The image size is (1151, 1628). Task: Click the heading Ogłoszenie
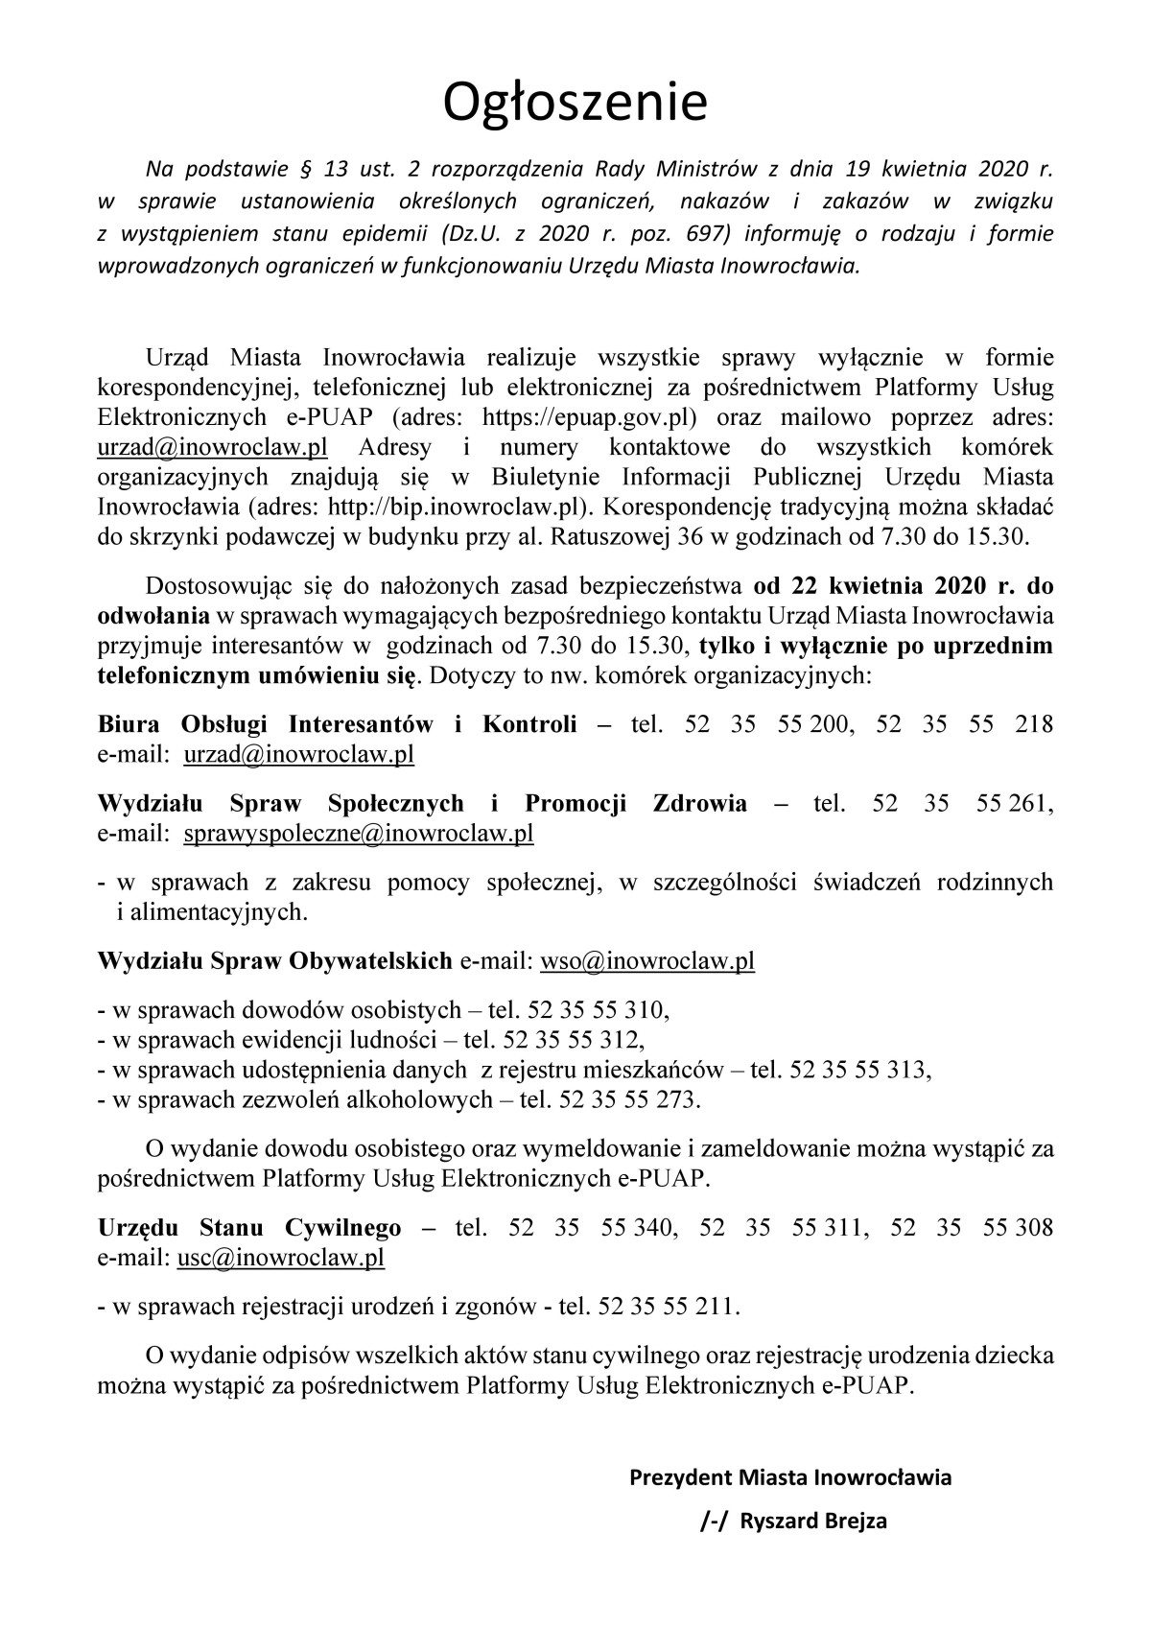pos(575,103)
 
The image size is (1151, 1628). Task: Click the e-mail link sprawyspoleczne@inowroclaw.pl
pos(358,834)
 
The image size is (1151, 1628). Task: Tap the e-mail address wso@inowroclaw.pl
pos(647,960)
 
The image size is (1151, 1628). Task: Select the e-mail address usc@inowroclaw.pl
pos(281,1258)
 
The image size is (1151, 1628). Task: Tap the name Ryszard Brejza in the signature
pos(813,1522)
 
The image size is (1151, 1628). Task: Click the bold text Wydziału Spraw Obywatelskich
pos(275,960)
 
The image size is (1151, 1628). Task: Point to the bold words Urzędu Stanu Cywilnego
pos(249,1227)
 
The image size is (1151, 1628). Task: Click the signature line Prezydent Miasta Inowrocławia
pos(790,1477)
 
